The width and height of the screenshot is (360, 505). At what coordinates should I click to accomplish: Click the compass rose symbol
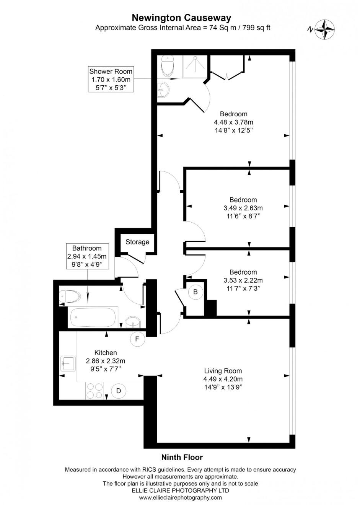325,29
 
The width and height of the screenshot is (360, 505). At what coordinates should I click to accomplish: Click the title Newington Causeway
181,18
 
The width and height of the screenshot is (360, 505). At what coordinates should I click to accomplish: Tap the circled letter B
195,292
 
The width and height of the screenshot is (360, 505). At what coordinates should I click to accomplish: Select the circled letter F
137,339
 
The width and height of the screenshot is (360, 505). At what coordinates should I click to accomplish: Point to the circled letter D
119,391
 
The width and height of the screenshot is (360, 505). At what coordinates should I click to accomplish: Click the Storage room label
137,242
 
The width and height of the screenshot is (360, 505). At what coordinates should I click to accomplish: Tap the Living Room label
223,371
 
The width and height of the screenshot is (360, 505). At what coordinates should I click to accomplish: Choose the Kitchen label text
106,353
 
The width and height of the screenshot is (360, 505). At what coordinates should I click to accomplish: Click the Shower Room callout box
111,79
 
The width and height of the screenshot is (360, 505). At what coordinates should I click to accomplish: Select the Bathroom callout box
87,256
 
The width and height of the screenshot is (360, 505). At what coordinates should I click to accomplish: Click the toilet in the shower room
167,66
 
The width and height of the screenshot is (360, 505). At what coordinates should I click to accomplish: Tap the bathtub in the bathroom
93,317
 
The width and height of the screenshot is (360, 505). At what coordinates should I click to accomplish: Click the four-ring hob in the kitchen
94,391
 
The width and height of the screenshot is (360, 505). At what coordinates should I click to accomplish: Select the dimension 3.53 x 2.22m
243,280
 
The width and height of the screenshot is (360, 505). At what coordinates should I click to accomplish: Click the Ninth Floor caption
182,457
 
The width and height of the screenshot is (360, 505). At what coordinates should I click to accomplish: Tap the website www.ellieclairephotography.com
180,497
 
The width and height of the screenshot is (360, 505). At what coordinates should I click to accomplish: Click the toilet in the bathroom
70,296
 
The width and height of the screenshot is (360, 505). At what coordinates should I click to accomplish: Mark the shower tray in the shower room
194,66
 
